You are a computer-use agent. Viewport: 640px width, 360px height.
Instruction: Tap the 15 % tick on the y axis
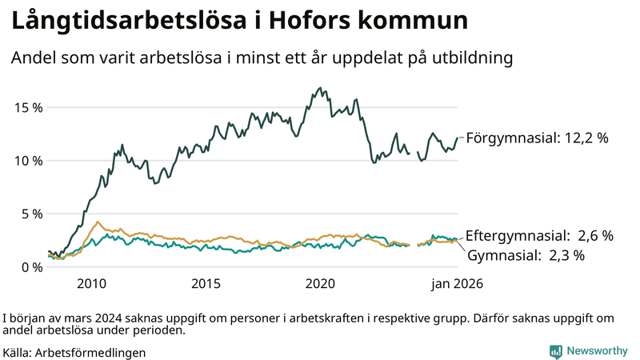(27, 107)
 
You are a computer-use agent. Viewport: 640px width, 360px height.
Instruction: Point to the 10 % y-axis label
(27, 161)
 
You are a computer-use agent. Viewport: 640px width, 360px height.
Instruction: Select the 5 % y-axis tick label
(31, 214)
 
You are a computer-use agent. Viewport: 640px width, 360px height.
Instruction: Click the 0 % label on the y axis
(31, 267)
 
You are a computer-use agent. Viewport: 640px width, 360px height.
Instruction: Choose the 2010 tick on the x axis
(91, 284)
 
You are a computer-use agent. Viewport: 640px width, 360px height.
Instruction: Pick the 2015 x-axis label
(206, 284)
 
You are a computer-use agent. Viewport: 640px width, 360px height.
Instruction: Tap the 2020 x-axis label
(320, 284)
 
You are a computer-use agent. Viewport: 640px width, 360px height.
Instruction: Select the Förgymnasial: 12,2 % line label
(537, 138)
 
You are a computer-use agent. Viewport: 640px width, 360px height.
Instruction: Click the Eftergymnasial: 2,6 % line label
(538, 236)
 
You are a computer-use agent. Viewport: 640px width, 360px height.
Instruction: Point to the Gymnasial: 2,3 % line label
(526, 256)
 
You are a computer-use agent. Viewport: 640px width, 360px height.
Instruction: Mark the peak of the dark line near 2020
(320, 88)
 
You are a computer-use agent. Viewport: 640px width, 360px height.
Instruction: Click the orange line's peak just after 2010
(98, 222)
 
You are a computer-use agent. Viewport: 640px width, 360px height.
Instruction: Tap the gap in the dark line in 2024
(414, 154)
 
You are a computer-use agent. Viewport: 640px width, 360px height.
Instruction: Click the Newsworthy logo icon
(555, 351)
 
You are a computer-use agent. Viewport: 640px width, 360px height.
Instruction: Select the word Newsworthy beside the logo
(596, 351)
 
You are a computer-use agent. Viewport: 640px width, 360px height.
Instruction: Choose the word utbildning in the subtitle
(474, 58)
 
